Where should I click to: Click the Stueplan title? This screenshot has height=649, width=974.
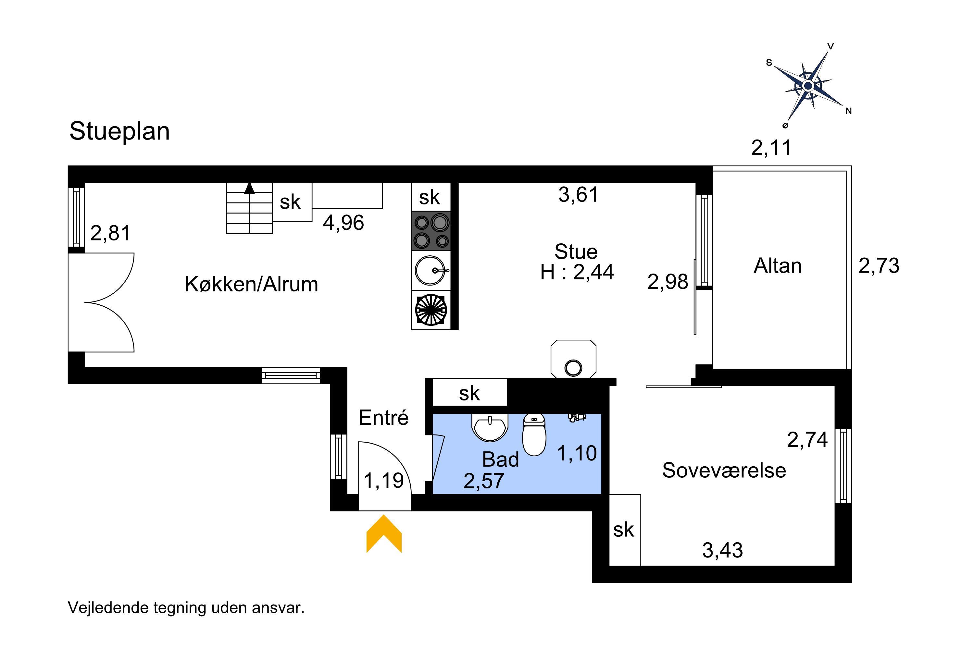pos(119,132)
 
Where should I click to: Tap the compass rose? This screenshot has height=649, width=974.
pos(807,86)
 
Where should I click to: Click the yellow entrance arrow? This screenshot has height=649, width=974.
pos(384,534)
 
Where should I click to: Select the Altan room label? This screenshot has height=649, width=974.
pos(777,266)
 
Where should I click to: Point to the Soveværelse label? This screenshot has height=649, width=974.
pos(724,471)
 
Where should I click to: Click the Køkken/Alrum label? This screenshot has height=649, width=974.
pos(251,284)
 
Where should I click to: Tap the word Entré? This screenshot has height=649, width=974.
pos(383,418)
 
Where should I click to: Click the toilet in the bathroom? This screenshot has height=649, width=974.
pos(534,435)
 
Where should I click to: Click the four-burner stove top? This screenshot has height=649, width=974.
pos(431,231)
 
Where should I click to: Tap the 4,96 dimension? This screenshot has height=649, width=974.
pos(343,223)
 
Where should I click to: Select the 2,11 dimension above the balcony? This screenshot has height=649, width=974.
pos(771,148)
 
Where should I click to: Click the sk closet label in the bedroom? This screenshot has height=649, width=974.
pos(623,530)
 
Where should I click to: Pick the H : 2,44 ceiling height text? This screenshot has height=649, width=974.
pos(577,272)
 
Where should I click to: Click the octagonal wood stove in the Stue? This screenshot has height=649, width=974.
pos(573,359)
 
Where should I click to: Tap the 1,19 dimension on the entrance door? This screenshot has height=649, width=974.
pos(383,481)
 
